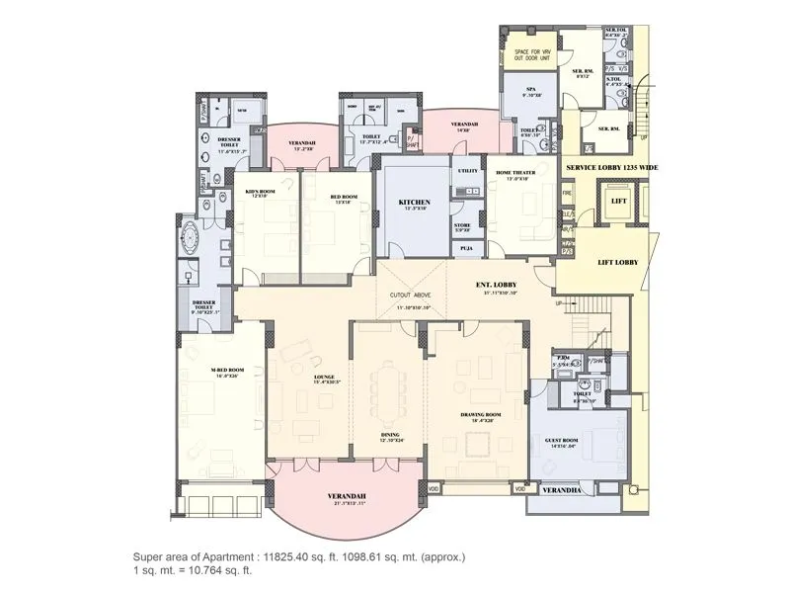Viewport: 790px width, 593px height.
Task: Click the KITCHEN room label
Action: point(414,202)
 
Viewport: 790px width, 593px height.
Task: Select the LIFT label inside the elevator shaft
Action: point(617,201)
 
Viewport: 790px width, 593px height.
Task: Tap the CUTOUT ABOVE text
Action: point(408,295)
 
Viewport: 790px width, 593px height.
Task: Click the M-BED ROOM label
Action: point(227,371)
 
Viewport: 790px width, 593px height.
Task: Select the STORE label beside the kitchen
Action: point(463,224)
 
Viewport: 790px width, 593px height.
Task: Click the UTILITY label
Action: point(467,171)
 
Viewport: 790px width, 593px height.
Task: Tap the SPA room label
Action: point(530,89)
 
